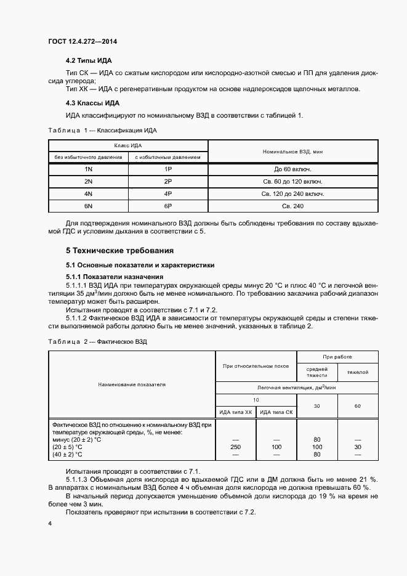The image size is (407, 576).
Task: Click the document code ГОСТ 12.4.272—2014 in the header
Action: point(83,42)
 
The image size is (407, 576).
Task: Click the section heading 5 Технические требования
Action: point(120,251)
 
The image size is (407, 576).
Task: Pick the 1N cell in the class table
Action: point(88,169)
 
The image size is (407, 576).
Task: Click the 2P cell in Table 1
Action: point(167,182)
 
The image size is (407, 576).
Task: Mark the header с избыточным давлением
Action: point(167,157)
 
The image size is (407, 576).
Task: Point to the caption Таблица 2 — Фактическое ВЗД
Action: point(98,341)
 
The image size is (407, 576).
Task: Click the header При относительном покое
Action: point(256,366)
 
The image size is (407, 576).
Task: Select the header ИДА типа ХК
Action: point(236,412)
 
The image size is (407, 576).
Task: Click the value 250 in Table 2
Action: point(236,447)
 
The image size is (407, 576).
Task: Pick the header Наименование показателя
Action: point(132,384)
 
